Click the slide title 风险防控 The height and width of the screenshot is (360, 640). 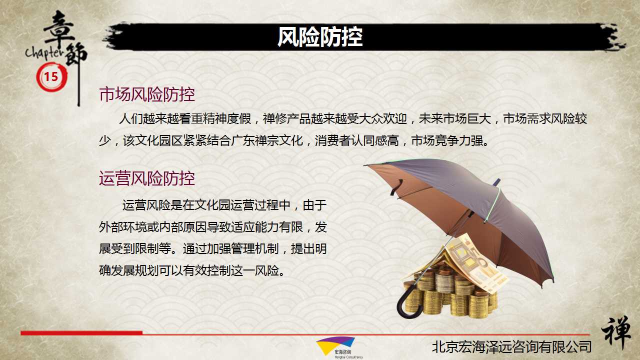320,37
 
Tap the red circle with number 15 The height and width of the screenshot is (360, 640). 51,77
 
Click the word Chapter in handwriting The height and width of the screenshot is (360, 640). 44,53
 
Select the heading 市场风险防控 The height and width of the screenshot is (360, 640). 147,94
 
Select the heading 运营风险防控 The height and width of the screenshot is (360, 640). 147,178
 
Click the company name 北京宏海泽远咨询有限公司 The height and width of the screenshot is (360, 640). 511,347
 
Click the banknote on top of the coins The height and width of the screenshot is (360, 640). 474,263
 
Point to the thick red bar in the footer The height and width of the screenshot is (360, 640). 81,333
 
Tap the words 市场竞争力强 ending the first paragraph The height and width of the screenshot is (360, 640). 447,140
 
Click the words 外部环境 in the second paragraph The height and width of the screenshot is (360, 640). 123,227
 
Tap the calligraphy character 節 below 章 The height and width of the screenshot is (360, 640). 75,54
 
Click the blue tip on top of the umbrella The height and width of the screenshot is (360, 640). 497,181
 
